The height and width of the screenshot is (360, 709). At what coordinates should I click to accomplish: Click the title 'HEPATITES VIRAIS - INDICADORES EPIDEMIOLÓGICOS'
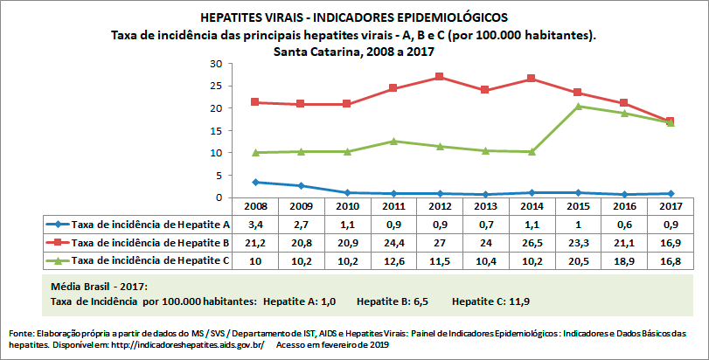(x=353, y=17)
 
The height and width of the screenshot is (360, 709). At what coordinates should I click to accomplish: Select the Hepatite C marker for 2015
(x=577, y=107)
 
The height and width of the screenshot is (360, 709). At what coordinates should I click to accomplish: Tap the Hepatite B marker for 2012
(x=439, y=77)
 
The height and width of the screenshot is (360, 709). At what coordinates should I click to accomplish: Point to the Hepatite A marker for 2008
(x=254, y=182)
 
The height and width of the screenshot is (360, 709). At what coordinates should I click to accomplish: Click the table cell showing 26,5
(x=531, y=242)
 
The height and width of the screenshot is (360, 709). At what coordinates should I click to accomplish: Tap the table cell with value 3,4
(x=254, y=225)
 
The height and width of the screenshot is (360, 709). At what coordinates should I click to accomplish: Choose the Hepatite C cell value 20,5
(x=577, y=260)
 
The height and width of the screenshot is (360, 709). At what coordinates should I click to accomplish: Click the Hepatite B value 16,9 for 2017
(x=669, y=242)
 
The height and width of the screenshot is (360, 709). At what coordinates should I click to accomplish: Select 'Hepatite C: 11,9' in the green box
(x=490, y=301)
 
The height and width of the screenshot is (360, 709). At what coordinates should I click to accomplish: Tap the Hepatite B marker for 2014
(x=531, y=79)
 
